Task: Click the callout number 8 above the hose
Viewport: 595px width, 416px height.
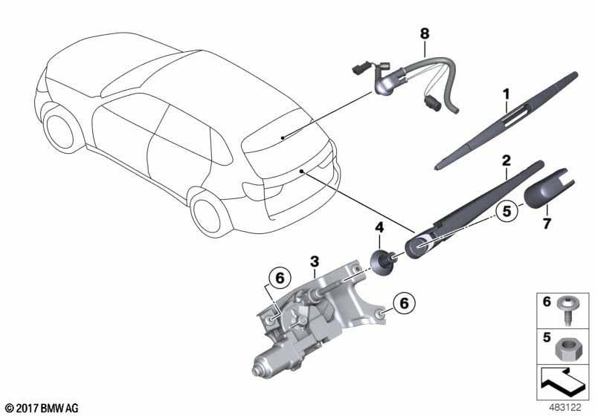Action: click(425, 33)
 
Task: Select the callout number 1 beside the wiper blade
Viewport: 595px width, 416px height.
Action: click(506, 94)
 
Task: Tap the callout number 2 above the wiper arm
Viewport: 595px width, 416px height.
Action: click(506, 160)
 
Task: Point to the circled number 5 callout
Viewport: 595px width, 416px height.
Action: click(507, 211)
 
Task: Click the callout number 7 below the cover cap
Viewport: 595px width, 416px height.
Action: click(547, 224)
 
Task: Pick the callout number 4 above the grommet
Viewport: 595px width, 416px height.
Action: click(379, 228)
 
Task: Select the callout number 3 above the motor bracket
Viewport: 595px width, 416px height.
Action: click(314, 261)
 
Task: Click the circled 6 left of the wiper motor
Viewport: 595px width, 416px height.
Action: click(280, 279)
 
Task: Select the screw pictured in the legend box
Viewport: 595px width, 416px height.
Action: click(565, 311)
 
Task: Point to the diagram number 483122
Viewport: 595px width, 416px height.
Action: click(565, 408)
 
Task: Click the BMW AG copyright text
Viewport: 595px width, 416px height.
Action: click(42, 408)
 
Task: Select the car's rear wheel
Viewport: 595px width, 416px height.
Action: click(208, 214)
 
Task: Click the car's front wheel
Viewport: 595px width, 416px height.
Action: click(59, 129)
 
